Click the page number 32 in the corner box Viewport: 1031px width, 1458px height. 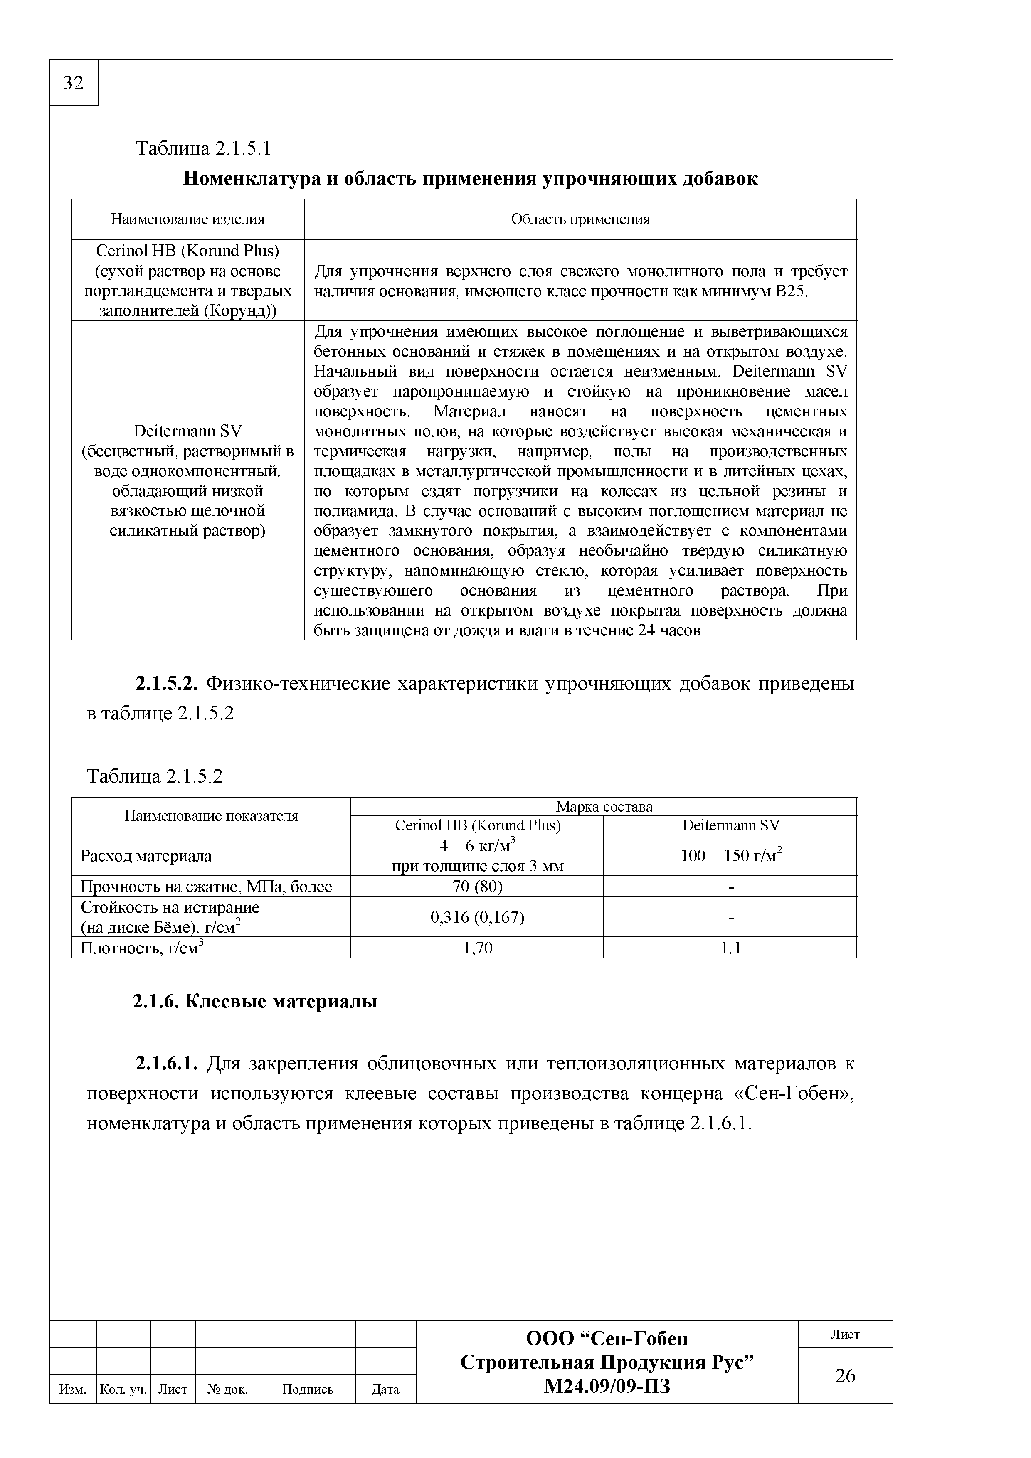(74, 83)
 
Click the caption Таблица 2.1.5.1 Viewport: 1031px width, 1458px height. (203, 149)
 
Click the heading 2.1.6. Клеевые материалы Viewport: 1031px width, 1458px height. (255, 1001)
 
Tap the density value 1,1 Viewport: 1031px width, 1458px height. (730, 948)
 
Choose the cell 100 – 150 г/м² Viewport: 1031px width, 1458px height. (730, 855)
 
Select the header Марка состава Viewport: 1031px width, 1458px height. (604, 806)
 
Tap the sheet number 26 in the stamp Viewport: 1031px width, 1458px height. (845, 1375)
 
